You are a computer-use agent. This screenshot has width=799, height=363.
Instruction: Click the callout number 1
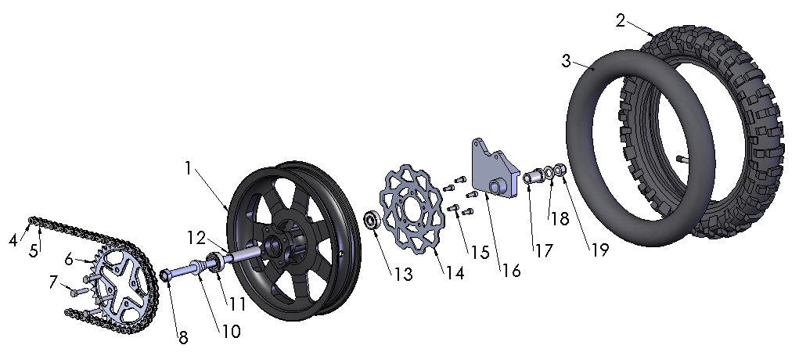point(189,167)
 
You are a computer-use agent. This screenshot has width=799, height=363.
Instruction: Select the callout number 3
point(566,60)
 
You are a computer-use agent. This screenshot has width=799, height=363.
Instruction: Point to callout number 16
point(511,271)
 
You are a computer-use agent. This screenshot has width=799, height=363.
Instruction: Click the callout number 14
point(455,273)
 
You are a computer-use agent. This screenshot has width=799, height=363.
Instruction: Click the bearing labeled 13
point(372,221)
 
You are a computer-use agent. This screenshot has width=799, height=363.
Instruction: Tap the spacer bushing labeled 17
point(534,177)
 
